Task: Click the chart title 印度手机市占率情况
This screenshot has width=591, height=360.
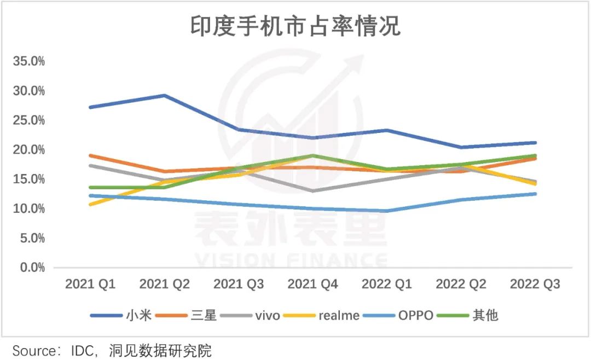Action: click(x=296, y=26)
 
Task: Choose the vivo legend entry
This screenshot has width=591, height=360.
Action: click(x=267, y=315)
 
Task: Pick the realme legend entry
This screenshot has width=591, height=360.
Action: click(x=339, y=315)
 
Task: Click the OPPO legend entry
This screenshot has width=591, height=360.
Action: click(x=415, y=315)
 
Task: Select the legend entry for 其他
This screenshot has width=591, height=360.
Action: click(x=485, y=315)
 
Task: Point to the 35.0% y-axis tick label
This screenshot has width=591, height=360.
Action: click(x=28, y=61)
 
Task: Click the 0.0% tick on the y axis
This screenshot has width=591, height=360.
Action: click(x=31, y=268)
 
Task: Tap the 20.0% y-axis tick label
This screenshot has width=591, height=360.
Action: click(x=28, y=150)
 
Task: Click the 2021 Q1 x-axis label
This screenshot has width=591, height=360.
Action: click(x=90, y=284)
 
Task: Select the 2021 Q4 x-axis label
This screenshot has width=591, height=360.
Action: click(x=312, y=284)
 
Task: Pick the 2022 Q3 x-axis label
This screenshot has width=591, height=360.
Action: click(x=535, y=284)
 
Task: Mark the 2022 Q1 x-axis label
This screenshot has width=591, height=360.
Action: click(x=386, y=284)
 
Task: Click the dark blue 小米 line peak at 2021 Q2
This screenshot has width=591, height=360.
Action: click(x=164, y=95)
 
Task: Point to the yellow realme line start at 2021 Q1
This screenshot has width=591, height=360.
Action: click(x=90, y=204)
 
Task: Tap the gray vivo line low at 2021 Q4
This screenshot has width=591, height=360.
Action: click(x=312, y=191)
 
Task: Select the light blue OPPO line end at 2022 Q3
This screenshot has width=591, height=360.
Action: click(x=534, y=194)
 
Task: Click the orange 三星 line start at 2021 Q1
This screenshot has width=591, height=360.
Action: click(x=90, y=155)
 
